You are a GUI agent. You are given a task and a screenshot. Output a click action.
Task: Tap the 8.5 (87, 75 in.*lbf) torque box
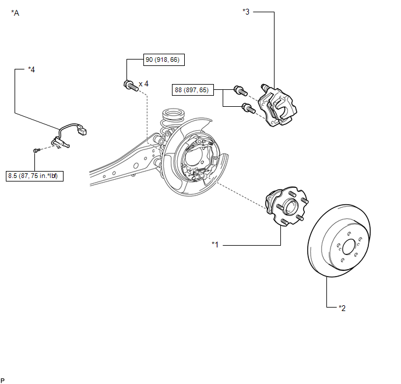pos(34,176)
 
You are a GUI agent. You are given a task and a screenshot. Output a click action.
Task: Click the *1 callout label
pos(215,245)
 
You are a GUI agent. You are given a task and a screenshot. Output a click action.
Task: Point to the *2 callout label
pos(342,308)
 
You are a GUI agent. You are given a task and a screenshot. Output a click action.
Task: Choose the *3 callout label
pos(246,12)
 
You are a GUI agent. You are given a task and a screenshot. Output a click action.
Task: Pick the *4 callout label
pos(31,69)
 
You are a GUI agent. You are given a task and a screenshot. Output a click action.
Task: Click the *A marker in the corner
pos(15,13)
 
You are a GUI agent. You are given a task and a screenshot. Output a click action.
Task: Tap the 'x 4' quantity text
pos(143,83)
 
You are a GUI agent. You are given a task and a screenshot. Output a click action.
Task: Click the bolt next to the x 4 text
pos(131,85)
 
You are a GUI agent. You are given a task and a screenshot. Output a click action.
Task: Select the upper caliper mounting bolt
pos(241,90)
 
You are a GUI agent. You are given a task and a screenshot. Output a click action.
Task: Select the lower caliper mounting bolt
pos(248,108)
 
